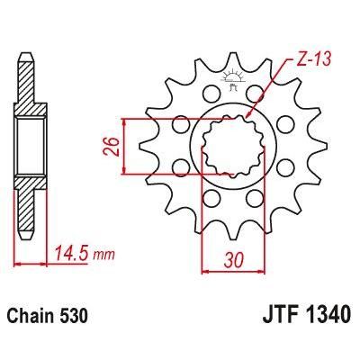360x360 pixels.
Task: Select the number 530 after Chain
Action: (x=74, y=318)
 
